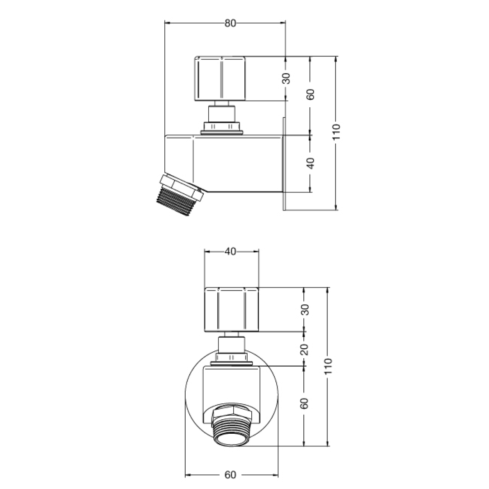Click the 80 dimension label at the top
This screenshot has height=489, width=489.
(x=230, y=24)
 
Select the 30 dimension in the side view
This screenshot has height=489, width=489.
(x=286, y=78)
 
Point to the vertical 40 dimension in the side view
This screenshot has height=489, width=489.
(x=310, y=163)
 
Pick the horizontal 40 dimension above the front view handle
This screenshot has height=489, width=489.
(x=230, y=252)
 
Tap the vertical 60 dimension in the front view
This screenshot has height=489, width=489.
(x=305, y=403)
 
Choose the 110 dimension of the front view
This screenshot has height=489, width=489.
(x=329, y=366)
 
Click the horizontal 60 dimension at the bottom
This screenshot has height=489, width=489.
(x=230, y=475)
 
